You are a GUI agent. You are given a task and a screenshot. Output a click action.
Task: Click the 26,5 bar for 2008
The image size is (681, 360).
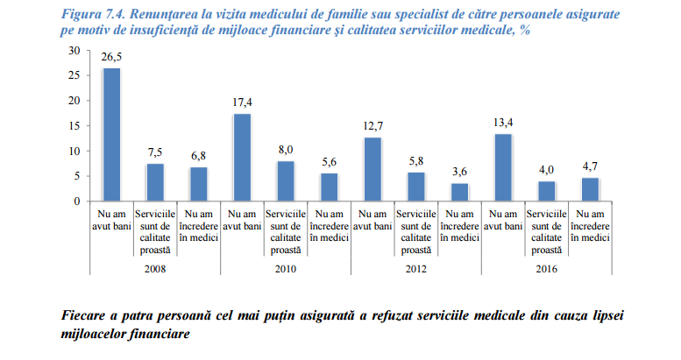coord(111,135)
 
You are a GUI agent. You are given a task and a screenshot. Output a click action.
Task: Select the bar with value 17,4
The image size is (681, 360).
coord(242,158)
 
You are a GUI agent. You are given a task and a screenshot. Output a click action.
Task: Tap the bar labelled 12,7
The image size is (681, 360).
coord(372,169)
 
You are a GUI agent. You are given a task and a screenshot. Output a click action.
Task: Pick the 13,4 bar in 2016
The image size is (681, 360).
coord(503,167)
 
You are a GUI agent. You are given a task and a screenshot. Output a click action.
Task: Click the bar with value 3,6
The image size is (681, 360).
coord(459,192)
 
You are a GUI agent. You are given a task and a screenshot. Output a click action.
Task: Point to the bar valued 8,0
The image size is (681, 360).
coord(286,181)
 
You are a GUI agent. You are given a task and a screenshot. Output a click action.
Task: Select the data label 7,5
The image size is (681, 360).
coord(155,151)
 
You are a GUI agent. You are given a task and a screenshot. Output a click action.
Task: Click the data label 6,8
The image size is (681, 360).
coord(198,154)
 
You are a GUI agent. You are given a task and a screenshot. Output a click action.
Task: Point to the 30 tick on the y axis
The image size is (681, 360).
coord(75,50)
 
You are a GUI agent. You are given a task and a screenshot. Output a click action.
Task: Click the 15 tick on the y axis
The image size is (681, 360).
coord(75,126)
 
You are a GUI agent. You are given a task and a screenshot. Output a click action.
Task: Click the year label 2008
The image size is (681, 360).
coord(154,268)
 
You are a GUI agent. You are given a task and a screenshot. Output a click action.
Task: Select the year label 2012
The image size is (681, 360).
coord(415,268)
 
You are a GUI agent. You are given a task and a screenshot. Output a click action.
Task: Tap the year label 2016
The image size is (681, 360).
coord(546,268)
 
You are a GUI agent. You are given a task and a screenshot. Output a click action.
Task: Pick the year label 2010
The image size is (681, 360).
coord(285,268)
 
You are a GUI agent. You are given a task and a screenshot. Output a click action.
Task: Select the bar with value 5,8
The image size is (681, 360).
coord(416,187)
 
